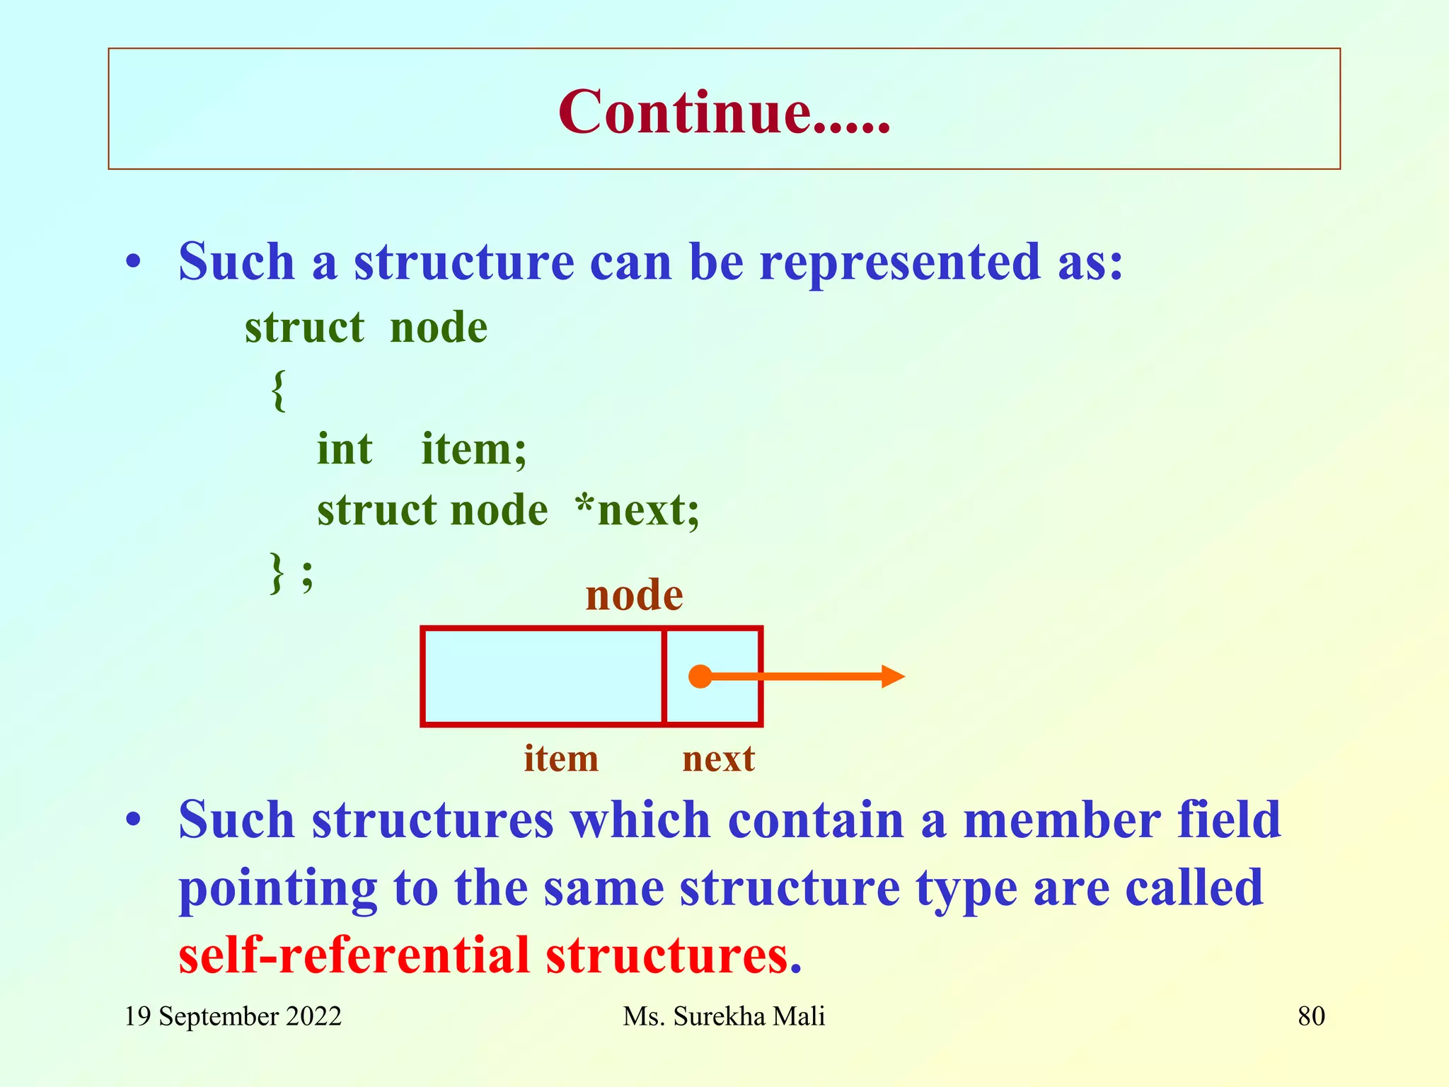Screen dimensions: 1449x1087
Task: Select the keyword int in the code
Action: tap(344, 449)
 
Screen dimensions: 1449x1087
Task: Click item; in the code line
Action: tap(474, 449)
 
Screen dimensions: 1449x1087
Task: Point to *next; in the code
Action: tap(637, 510)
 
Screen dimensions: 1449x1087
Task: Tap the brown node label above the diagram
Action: tap(634, 594)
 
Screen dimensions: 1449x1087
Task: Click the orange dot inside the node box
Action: tap(700, 677)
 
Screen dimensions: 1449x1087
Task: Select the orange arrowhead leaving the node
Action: tap(893, 677)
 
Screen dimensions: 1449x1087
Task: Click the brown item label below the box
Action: tap(561, 759)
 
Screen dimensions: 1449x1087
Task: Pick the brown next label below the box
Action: tap(718, 759)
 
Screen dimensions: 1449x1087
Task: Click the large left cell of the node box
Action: tap(543, 677)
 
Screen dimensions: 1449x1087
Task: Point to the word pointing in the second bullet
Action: tap(277, 889)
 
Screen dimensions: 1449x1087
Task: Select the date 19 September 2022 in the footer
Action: tap(233, 1017)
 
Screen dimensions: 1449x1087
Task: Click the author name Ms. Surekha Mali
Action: tap(724, 1017)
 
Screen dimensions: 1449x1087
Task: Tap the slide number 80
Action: tap(1311, 1017)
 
